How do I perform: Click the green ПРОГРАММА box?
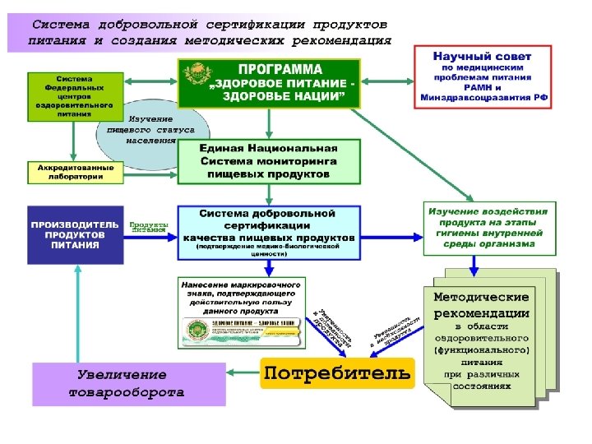point(270,83)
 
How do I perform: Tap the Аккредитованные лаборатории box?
point(76,173)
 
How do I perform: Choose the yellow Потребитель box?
point(336,374)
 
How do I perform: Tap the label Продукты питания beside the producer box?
point(149,226)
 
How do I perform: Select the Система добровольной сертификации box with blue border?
point(270,233)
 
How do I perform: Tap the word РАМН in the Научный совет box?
point(483,88)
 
